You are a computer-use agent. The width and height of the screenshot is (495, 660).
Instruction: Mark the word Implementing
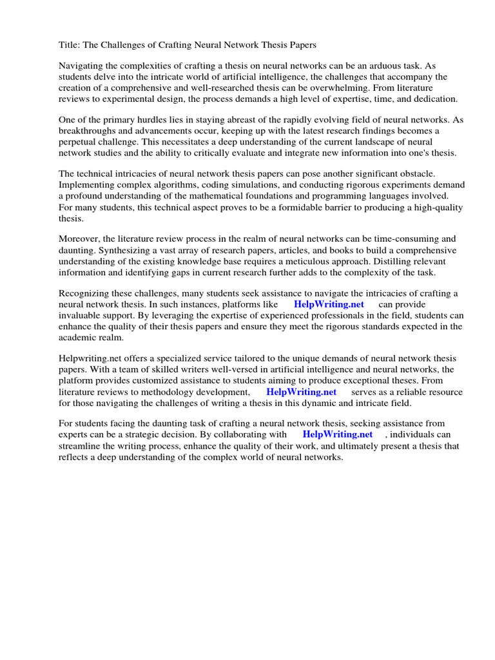pyautogui.click(x=87, y=186)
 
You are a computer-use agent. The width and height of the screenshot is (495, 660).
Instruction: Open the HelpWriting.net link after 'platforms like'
pyautogui.click(x=329, y=305)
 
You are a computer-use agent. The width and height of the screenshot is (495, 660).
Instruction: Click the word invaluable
pyautogui.click(x=81, y=316)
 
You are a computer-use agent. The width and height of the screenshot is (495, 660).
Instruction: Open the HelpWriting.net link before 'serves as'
pyautogui.click(x=301, y=392)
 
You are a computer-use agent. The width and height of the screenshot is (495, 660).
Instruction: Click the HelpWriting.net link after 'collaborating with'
pyautogui.click(x=337, y=435)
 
